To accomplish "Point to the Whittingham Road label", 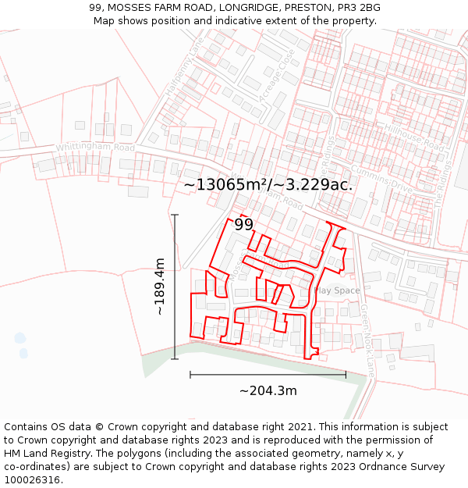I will pos(95,147).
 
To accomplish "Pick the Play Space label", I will pos(337,290).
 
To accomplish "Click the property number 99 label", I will pos(243,225).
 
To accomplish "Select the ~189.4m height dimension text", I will pos(160,287).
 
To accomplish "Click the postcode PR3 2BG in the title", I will pos(357,8).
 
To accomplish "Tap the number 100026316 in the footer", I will pos(33,479).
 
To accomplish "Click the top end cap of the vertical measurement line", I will pos(175,215).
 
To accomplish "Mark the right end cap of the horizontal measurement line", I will pos(346,375).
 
